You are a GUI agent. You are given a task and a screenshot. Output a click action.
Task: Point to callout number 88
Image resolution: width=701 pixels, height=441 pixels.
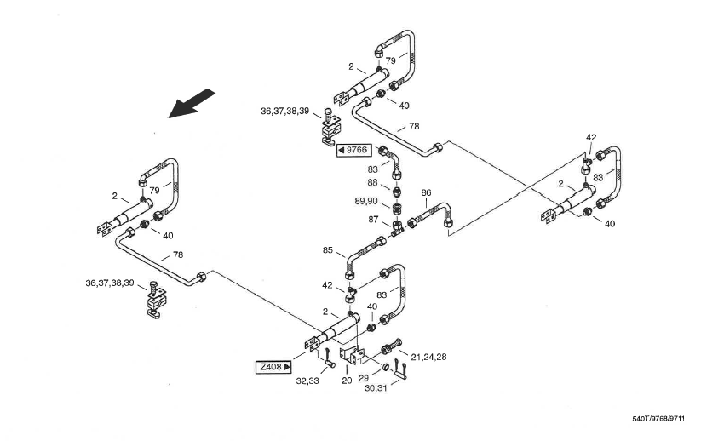click(x=373, y=182)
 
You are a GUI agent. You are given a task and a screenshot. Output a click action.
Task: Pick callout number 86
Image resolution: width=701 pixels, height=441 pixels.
click(x=426, y=193)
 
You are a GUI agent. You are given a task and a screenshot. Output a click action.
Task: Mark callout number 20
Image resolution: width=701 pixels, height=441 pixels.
click(x=347, y=381)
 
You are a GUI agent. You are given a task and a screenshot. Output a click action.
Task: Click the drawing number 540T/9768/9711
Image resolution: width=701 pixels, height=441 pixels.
click(x=658, y=419)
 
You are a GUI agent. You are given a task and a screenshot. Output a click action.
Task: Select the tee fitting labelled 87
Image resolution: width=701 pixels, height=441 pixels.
click(x=399, y=226)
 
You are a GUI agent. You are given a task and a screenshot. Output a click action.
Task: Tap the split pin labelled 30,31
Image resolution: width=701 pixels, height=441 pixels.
click(x=402, y=371)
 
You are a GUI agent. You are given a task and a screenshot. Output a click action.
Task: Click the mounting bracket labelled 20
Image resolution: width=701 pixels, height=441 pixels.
click(x=351, y=355)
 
